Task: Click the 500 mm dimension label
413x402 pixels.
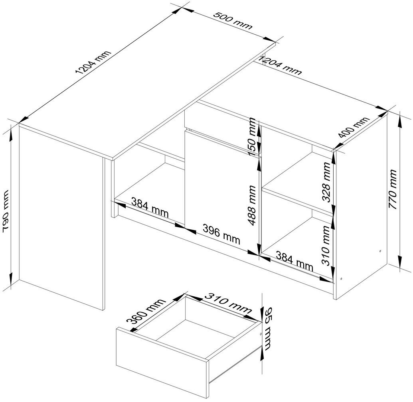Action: (x=233, y=20)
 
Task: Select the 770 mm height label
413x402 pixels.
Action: (x=393, y=189)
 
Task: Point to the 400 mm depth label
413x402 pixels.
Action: (x=354, y=127)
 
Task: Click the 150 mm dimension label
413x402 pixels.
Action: (x=251, y=138)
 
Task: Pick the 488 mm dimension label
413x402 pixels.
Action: (x=252, y=206)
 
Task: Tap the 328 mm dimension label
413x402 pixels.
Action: (x=326, y=182)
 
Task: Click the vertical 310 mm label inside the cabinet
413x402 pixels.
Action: (x=326, y=245)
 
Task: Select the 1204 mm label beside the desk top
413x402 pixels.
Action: (x=93, y=62)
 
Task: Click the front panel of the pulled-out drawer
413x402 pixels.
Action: (x=162, y=363)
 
